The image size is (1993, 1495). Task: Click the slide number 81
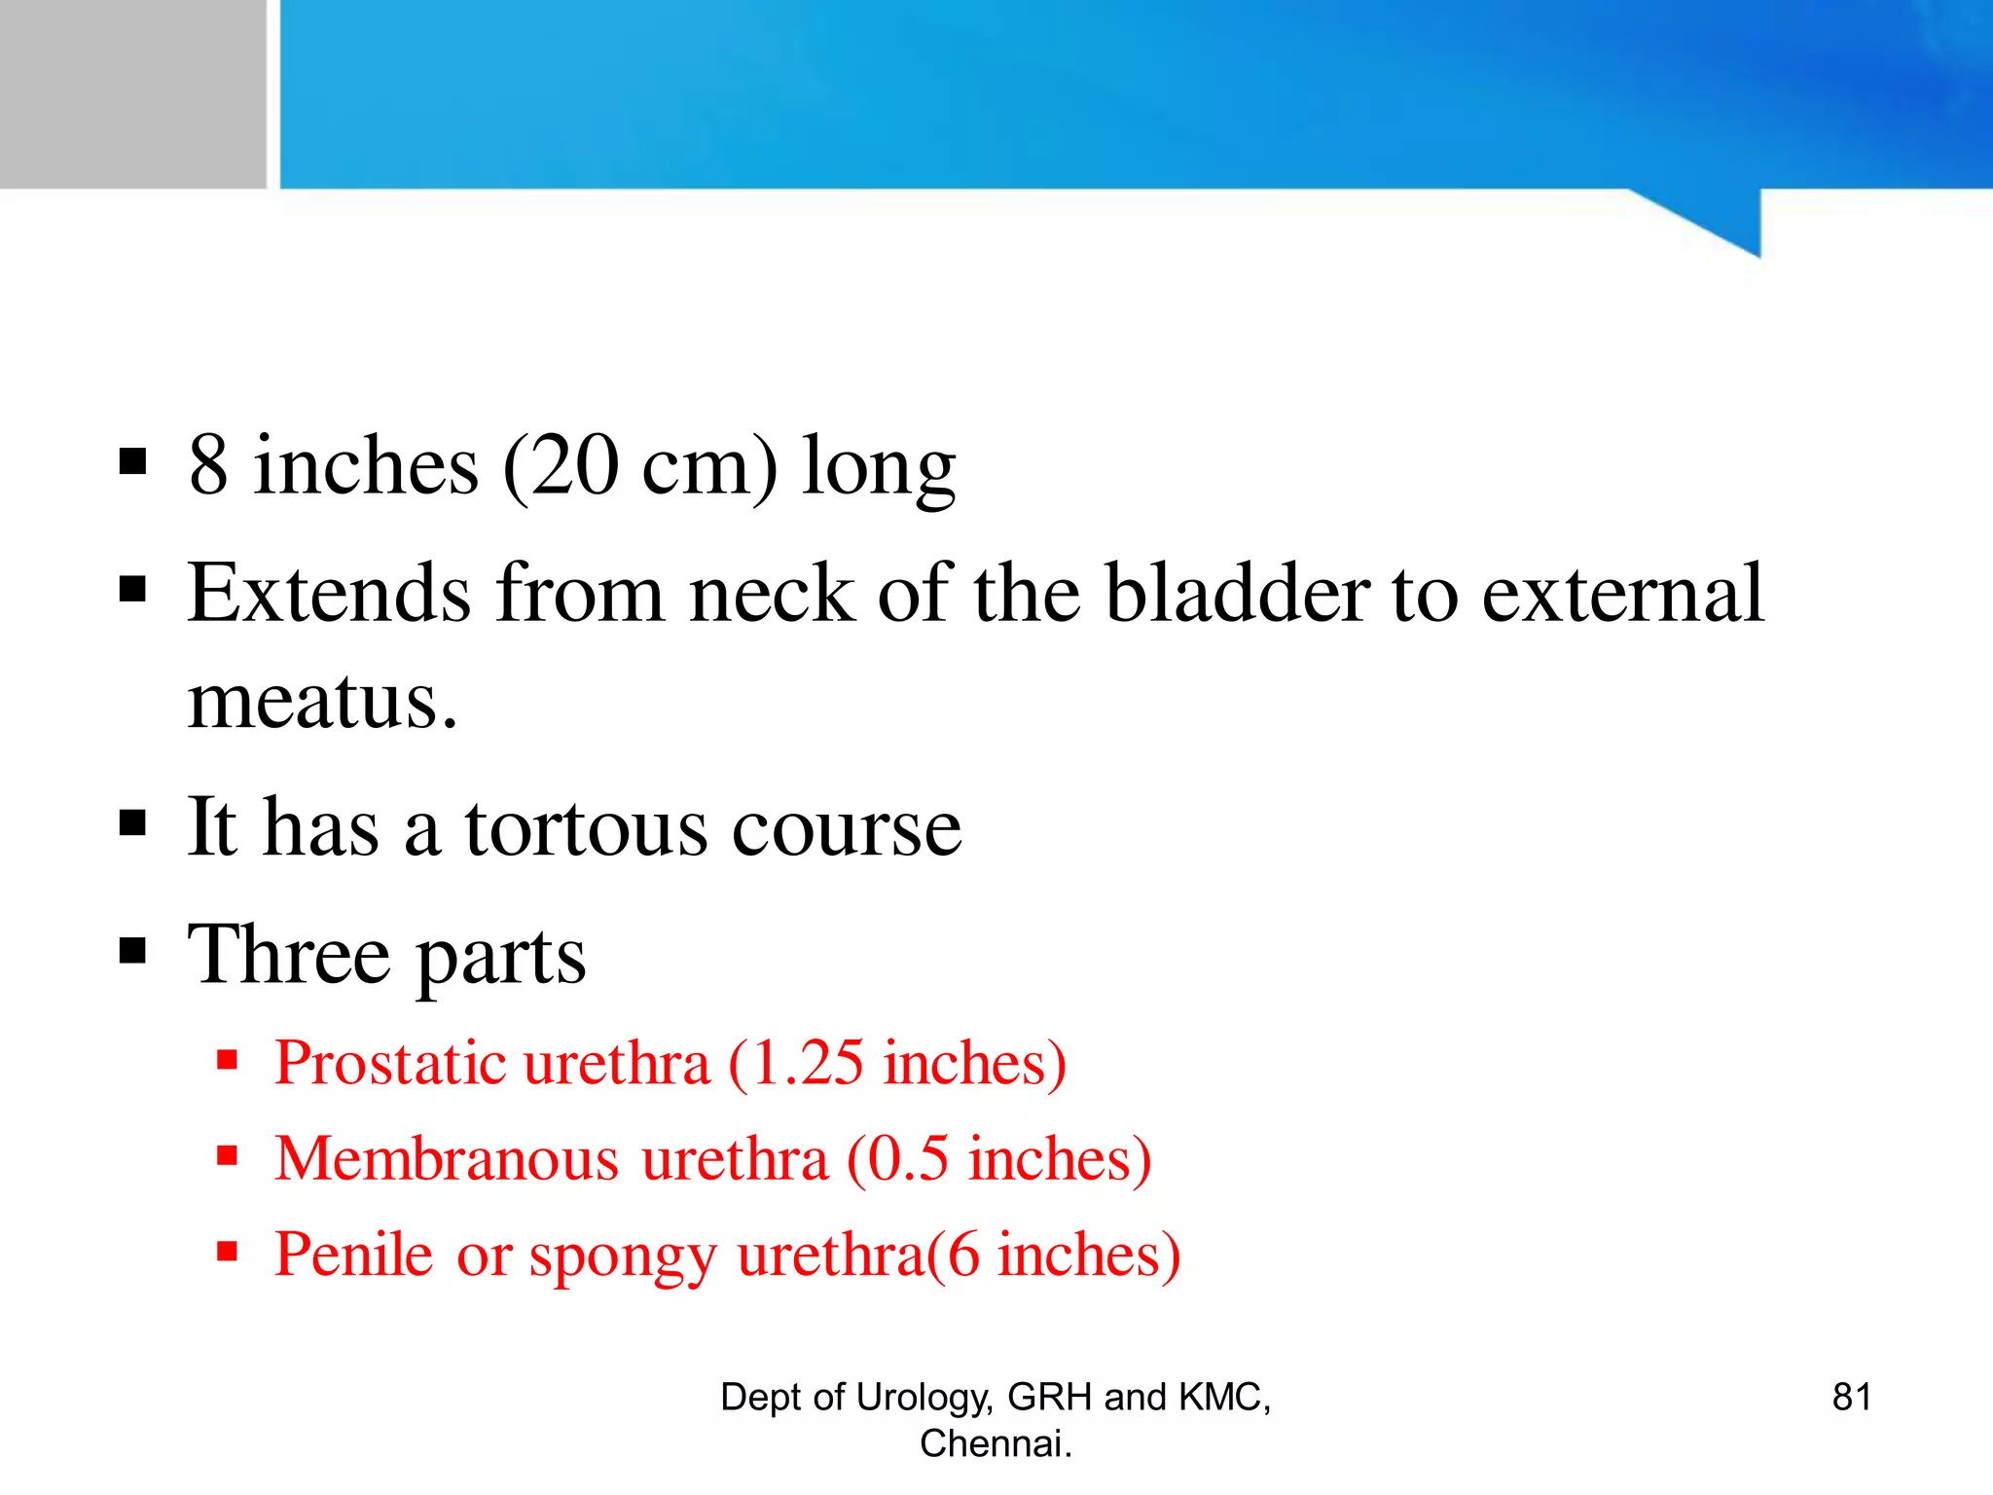[x=1851, y=1397]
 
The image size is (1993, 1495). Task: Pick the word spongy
[x=622, y=1256]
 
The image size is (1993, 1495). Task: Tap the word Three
[x=289, y=955]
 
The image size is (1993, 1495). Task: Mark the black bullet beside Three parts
[x=132, y=950]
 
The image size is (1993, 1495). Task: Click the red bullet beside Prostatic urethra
[x=228, y=1059]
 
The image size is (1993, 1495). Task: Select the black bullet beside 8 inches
[x=132, y=461]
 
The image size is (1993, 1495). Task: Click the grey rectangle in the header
[x=132, y=93]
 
